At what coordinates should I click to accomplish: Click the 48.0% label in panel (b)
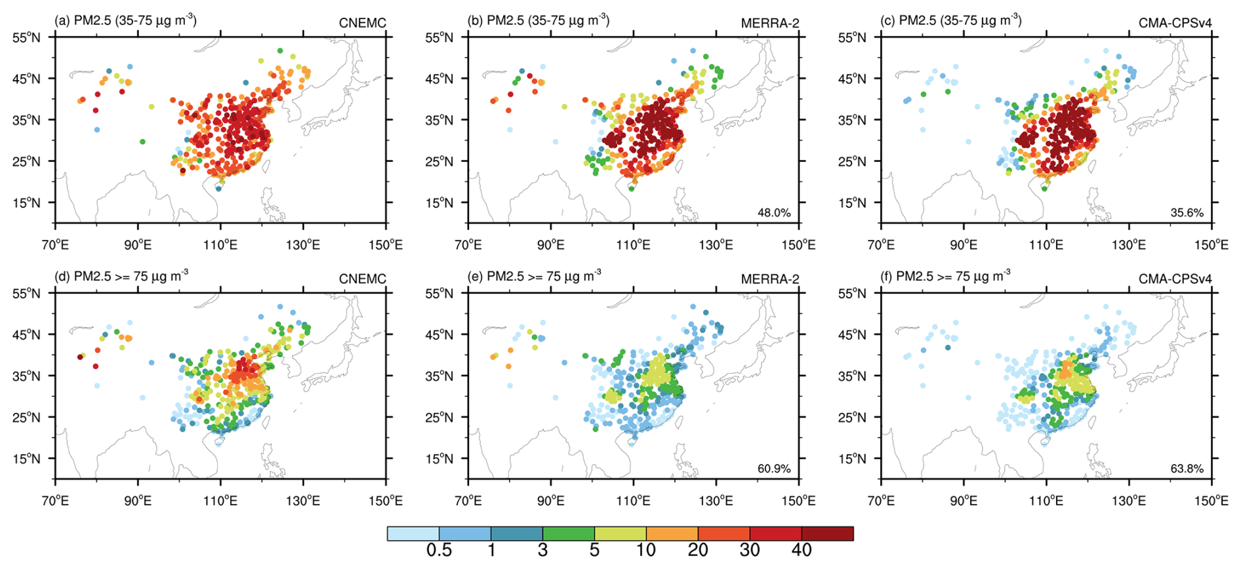click(x=774, y=213)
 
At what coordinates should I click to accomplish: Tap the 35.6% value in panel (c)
click(x=1187, y=213)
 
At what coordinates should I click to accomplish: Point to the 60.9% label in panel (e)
click(x=774, y=469)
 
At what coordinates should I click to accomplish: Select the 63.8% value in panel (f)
click(x=1187, y=469)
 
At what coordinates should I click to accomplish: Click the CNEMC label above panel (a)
click(x=363, y=23)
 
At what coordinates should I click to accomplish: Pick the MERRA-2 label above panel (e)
click(x=770, y=279)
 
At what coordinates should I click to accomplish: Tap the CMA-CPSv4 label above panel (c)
click(x=1175, y=23)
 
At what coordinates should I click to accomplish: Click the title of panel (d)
click(x=121, y=276)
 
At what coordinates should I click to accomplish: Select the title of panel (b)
click(x=539, y=20)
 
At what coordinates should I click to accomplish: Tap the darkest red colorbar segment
click(x=828, y=534)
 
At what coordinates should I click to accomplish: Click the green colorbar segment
click(x=569, y=534)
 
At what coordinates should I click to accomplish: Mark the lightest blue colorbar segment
click(x=413, y=534)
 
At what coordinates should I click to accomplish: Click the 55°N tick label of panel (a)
click(x=26, y=37)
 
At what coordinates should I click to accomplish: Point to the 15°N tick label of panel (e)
click(x=439, y=459)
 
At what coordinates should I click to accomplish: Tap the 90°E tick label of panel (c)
click(x=964, y=245)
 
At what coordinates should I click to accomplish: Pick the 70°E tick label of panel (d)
click(x=55, y=501)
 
